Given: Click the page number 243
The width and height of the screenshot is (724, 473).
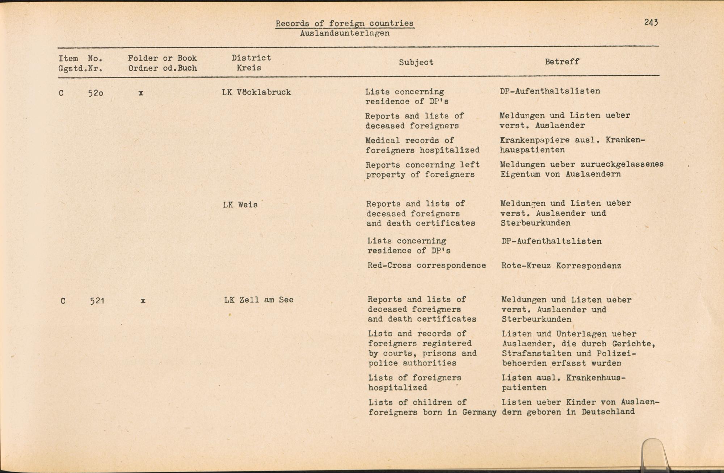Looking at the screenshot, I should click(x=651, y=22).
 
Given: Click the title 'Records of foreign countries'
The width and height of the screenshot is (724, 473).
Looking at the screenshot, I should click(x=344, y=24).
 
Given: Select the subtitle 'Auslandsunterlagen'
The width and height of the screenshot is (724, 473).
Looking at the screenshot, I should click(x=345, y=33).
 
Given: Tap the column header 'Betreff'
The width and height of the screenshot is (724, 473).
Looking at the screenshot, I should click(x=562, y=62).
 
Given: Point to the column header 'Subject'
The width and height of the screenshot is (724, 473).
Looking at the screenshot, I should click(x=416, y=62).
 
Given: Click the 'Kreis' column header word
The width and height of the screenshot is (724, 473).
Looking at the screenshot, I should click(x=249, y=68).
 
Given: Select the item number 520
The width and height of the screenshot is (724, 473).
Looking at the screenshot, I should click(x=96, y=93).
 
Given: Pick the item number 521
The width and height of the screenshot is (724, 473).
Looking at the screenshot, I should click(x=97, y=301).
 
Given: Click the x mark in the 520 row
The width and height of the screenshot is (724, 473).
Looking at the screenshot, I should click(x=141, y=93).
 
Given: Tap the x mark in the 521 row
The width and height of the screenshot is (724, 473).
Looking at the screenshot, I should click(x=143, y=301).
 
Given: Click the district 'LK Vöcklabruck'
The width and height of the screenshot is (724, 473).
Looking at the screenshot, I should click(x=256, y=92).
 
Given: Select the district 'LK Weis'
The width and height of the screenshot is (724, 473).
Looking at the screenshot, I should click(x=240, y=205).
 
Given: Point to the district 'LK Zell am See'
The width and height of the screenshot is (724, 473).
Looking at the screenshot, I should click(x=258, y=300).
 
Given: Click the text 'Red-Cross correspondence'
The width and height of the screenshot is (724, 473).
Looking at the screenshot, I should click(x=426, y=265).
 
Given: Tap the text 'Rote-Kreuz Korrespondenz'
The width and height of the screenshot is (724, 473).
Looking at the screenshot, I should click(x=561, y=266).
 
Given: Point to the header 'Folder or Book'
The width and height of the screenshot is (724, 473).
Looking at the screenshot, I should click(x=162, y=58).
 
